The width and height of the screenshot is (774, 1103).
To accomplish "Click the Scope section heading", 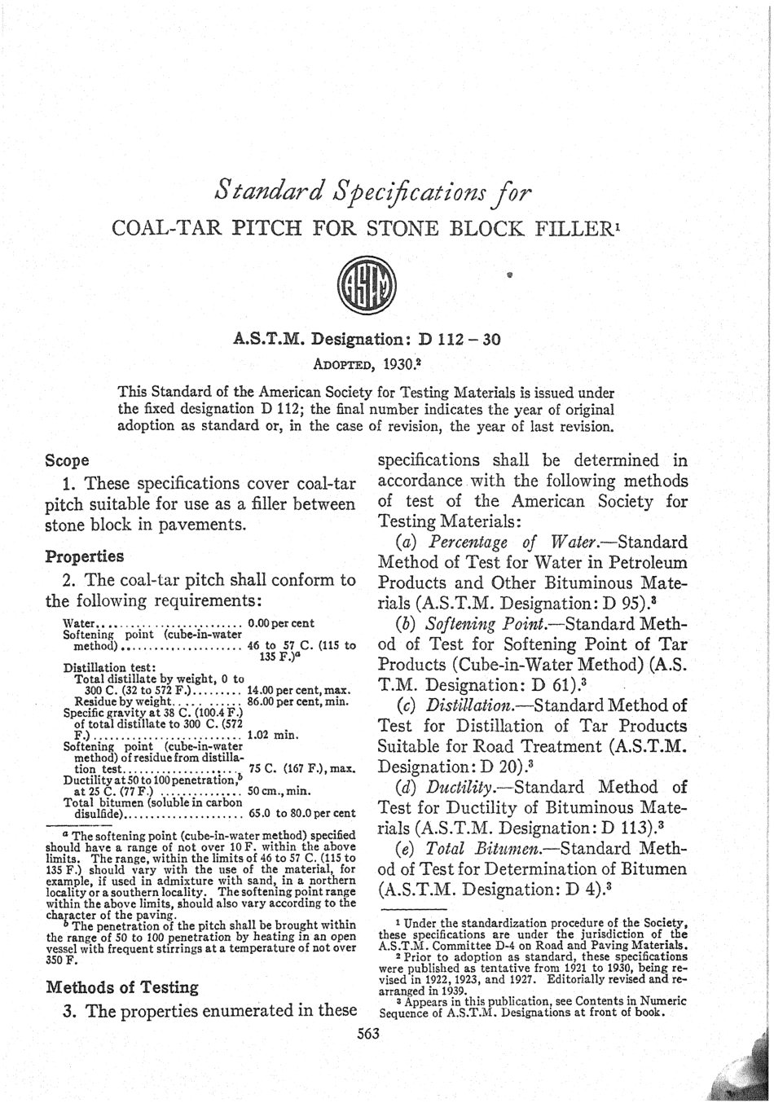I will coord(68,460).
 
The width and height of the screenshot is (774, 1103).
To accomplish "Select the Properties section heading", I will coord(85,556).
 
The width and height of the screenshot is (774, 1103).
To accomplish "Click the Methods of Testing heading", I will coord(122,987).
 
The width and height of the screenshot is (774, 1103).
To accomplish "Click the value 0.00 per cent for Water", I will coord(280,624).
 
